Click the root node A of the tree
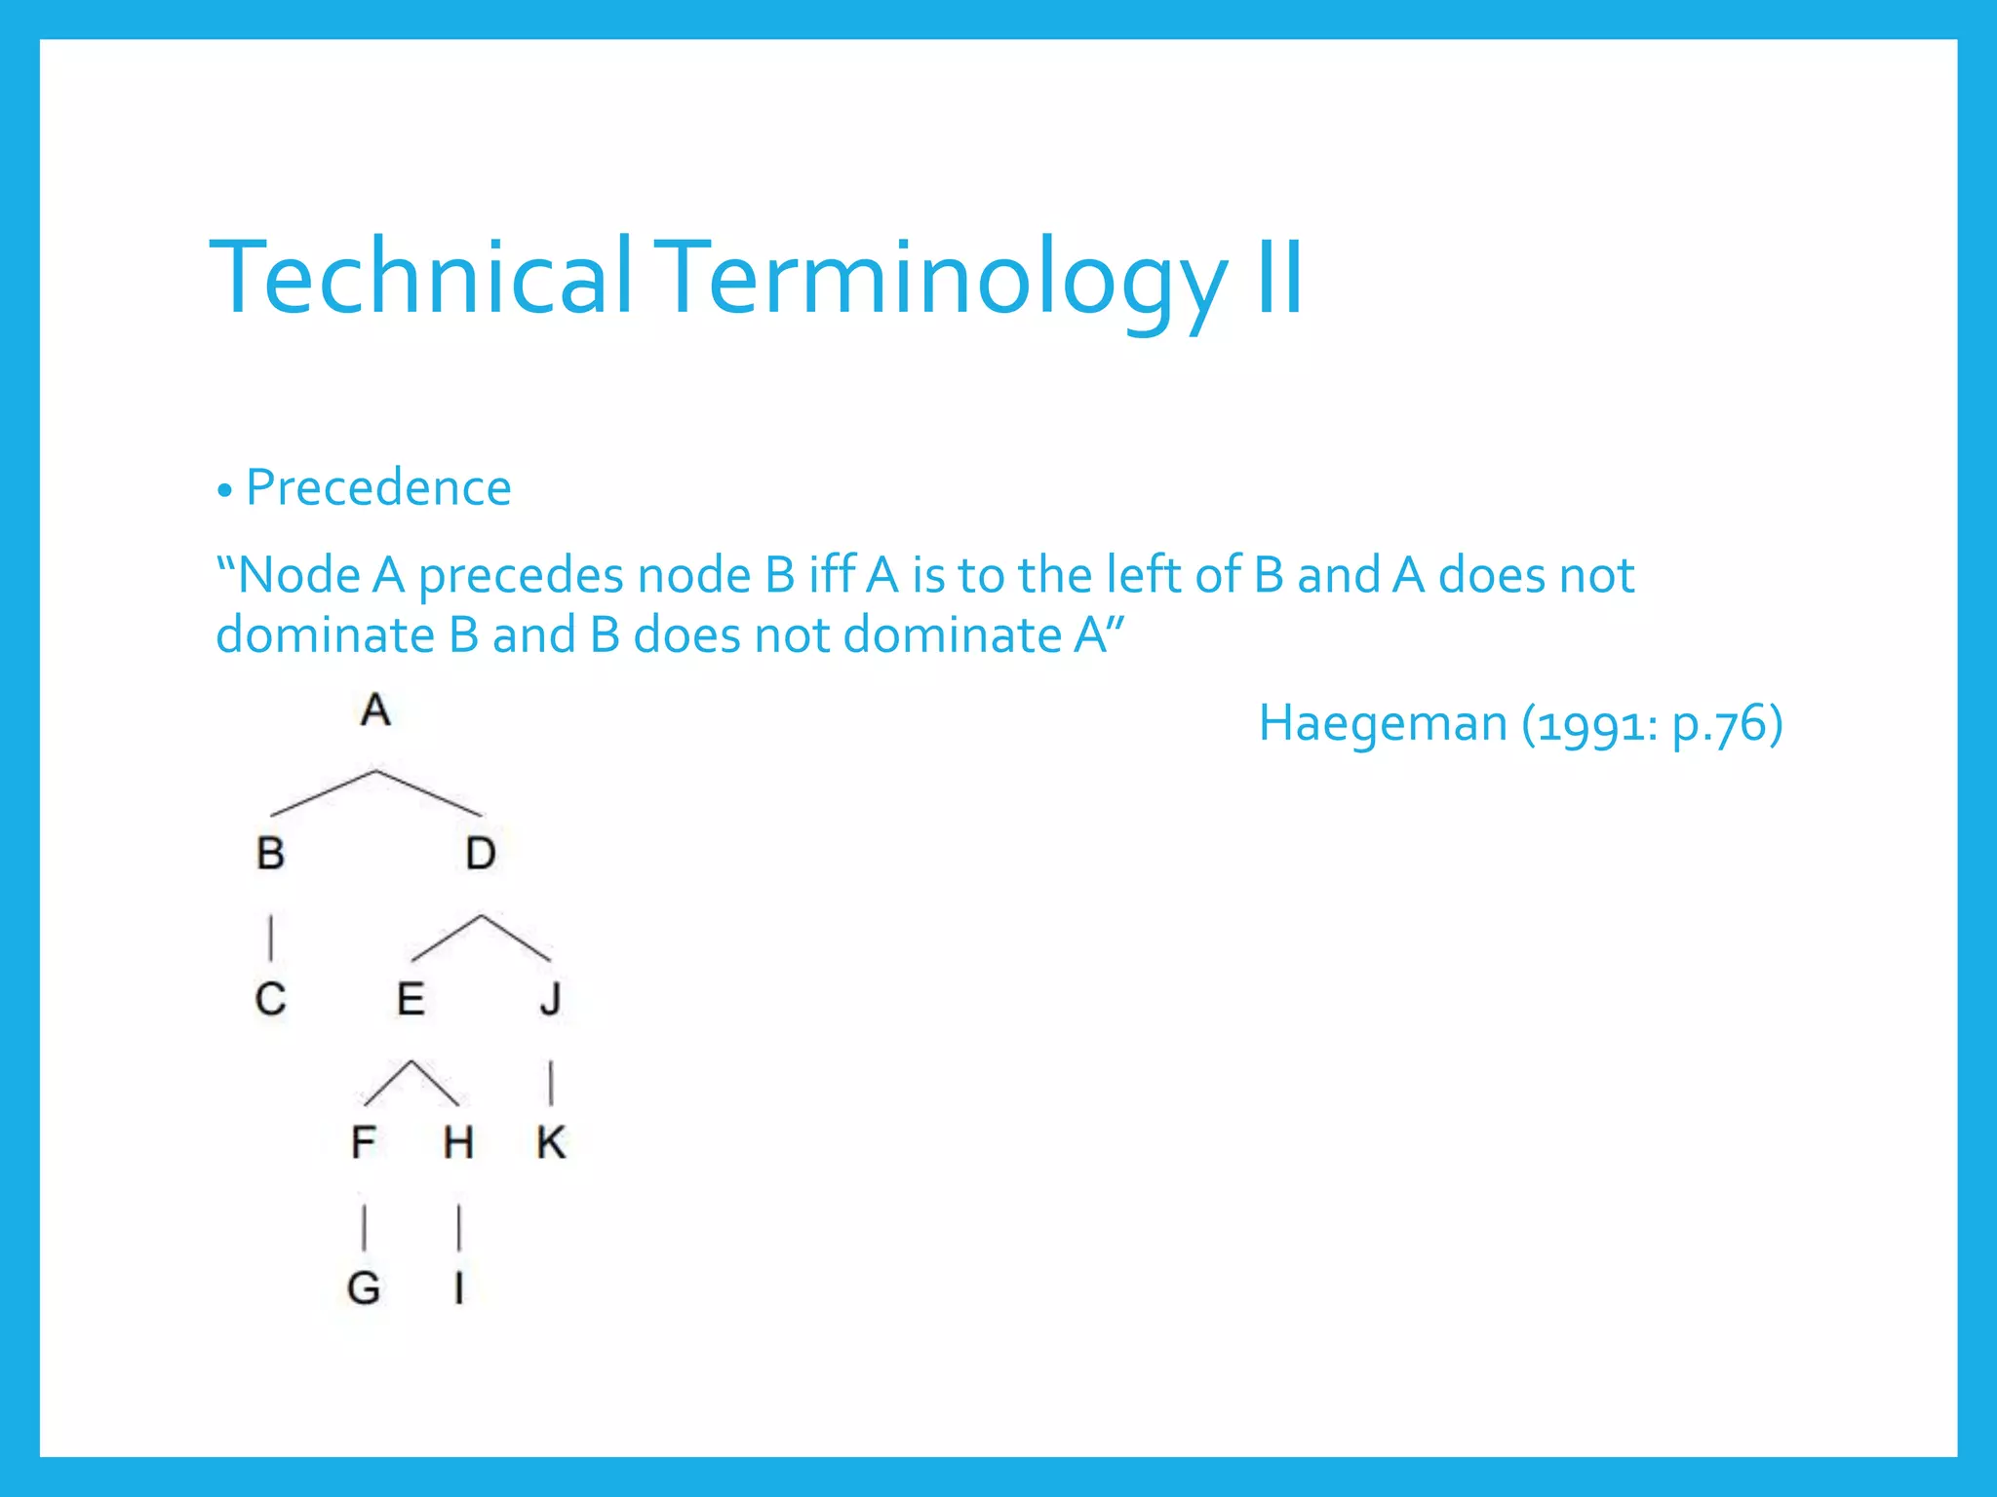point(375,710)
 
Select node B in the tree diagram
point(270,854)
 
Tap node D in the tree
point(481,854)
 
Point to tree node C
point(270,999)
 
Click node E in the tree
point(411,999)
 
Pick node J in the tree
point(551,999)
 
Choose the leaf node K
point(551,1142)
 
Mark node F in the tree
point(364,1142)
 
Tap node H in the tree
point(458,1142)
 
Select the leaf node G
point(364,1288)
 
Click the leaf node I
point(458,1288)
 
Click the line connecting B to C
point(270,936)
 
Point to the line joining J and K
point(551,1082)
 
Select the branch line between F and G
point(364,1227)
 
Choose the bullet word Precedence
point(378,487)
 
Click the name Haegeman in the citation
point(1383,724)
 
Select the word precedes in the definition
point(520,576)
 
